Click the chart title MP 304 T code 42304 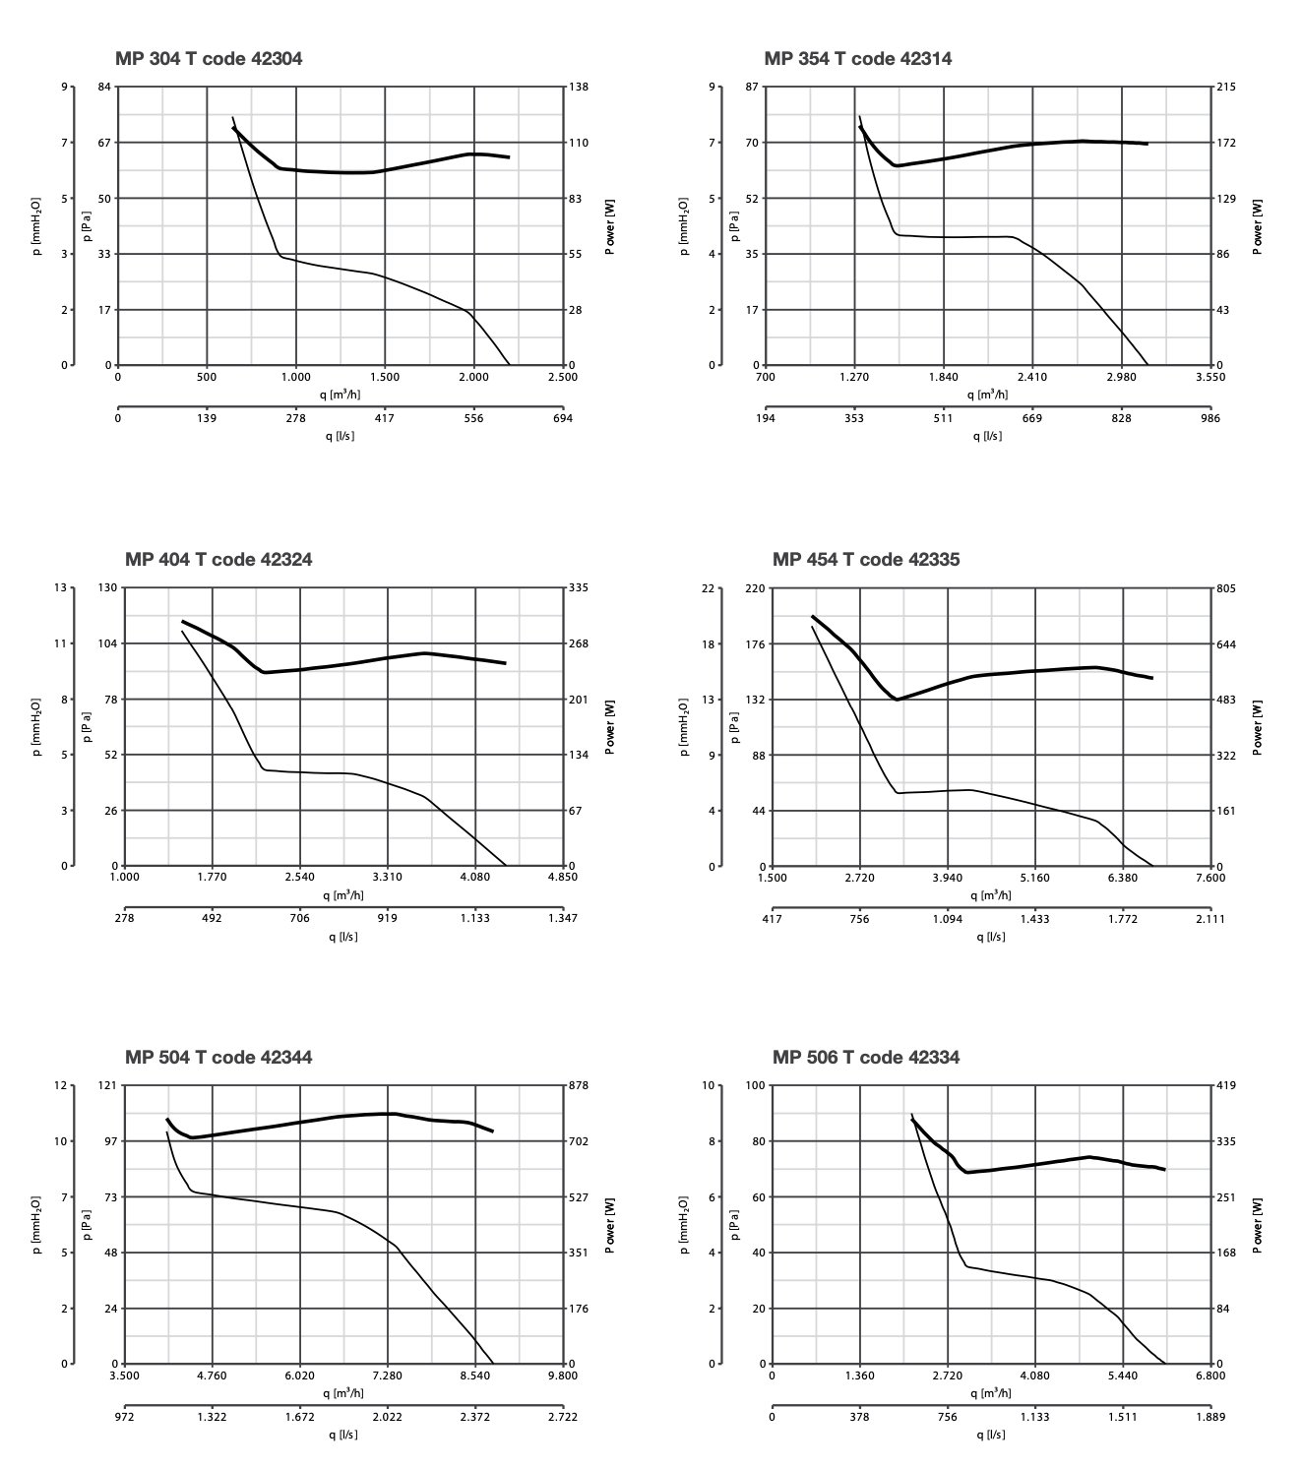pyautogui.click(x=209, y=59)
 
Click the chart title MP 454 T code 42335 pyautogui.click(x=865, y=560)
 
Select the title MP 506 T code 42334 pyautogui.click(x=865, y=1058)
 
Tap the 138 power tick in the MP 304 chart pyautogui.click(x=578, y=88)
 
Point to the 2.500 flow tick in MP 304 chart pyautogui.click(x=562, y=377)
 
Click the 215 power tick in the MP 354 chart pyautogui.click(x=1225, y=88)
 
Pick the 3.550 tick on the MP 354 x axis pyautogui.click(x=1210, y=377)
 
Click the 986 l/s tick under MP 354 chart pyautogui.click(x=1210, y=418)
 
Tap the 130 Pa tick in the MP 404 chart pyautogui.click(x=108, y=588)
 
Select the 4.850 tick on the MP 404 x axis pyautogui.click(x=562, y=877)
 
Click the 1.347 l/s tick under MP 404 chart pyautogui.click(x=562, y=919)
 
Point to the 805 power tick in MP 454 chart pyautogui.click(x=1225, y=588)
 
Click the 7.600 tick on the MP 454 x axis pyautogui.click(x=1210, y=878)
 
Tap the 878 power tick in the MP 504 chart pyautogui.click(x=578, y=1085)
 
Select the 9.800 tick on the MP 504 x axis pyautogui.click(x=562, y=1376)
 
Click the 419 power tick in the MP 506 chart pyautogui.click(x=1225, y=1085)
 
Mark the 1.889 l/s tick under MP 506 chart pyautogui.click(x=1210, y=1418)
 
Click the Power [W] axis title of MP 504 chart pyautogui.click(x=610, y=1225)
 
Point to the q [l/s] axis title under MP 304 pyautogui.click(x=340, y=436)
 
